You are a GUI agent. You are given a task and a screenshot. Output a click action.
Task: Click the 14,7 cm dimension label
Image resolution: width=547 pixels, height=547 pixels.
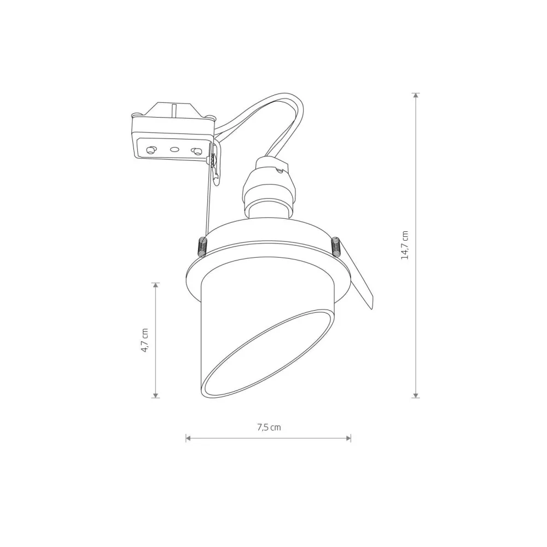[405, 245]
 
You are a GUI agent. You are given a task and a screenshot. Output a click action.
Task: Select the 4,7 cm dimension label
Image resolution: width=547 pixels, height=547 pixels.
[145, 340]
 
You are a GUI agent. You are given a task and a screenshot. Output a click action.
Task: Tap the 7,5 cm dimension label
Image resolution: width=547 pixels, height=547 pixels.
[269, 427]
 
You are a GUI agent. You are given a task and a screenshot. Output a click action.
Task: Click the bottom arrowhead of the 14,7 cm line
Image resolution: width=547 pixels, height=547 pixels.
[415, 394]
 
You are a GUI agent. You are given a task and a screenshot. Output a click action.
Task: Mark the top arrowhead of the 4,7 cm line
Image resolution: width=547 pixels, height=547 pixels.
[156, 286]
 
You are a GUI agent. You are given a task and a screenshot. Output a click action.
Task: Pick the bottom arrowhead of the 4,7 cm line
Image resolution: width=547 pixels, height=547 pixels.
[156, 394]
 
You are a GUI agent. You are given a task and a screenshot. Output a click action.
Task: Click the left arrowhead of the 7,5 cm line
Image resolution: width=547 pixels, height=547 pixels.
[188, 438]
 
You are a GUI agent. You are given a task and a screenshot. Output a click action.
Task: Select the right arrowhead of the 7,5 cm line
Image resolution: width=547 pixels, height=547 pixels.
[348, 438]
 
